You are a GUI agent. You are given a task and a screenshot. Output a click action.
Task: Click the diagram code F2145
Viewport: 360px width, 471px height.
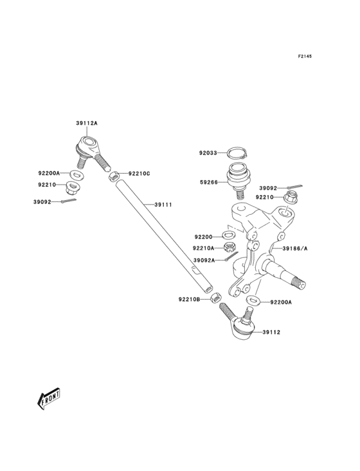click(305, 56)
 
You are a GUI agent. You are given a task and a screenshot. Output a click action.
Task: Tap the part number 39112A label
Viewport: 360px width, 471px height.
click(87, 123)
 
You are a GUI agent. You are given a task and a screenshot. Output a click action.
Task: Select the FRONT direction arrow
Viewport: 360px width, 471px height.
click(48, 398)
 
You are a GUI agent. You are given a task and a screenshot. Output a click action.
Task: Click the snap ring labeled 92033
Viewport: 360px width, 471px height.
click(237, 153)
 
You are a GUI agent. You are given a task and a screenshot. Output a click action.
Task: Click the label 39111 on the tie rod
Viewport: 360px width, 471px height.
click(163, 205)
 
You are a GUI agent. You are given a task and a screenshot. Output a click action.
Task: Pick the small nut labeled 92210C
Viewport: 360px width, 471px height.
click(113, 176)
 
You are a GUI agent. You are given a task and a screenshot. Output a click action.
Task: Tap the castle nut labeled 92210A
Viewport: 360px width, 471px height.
click(230, 247)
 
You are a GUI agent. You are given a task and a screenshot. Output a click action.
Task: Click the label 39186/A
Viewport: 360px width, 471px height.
click(295, 248)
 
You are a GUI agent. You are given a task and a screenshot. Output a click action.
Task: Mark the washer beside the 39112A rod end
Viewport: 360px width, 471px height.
click(76, 174)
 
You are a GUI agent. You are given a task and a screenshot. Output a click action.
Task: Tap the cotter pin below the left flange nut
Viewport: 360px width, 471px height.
click(68, 201)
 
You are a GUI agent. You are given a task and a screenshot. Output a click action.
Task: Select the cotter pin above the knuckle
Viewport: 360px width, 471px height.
click(294, 187)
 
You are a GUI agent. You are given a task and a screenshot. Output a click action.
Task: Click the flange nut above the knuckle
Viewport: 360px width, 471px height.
click(291, 198)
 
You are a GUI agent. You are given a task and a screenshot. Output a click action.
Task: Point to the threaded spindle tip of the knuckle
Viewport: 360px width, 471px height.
click(299, 284)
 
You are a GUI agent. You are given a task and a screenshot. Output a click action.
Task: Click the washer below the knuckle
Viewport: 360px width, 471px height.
click(253, 300)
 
